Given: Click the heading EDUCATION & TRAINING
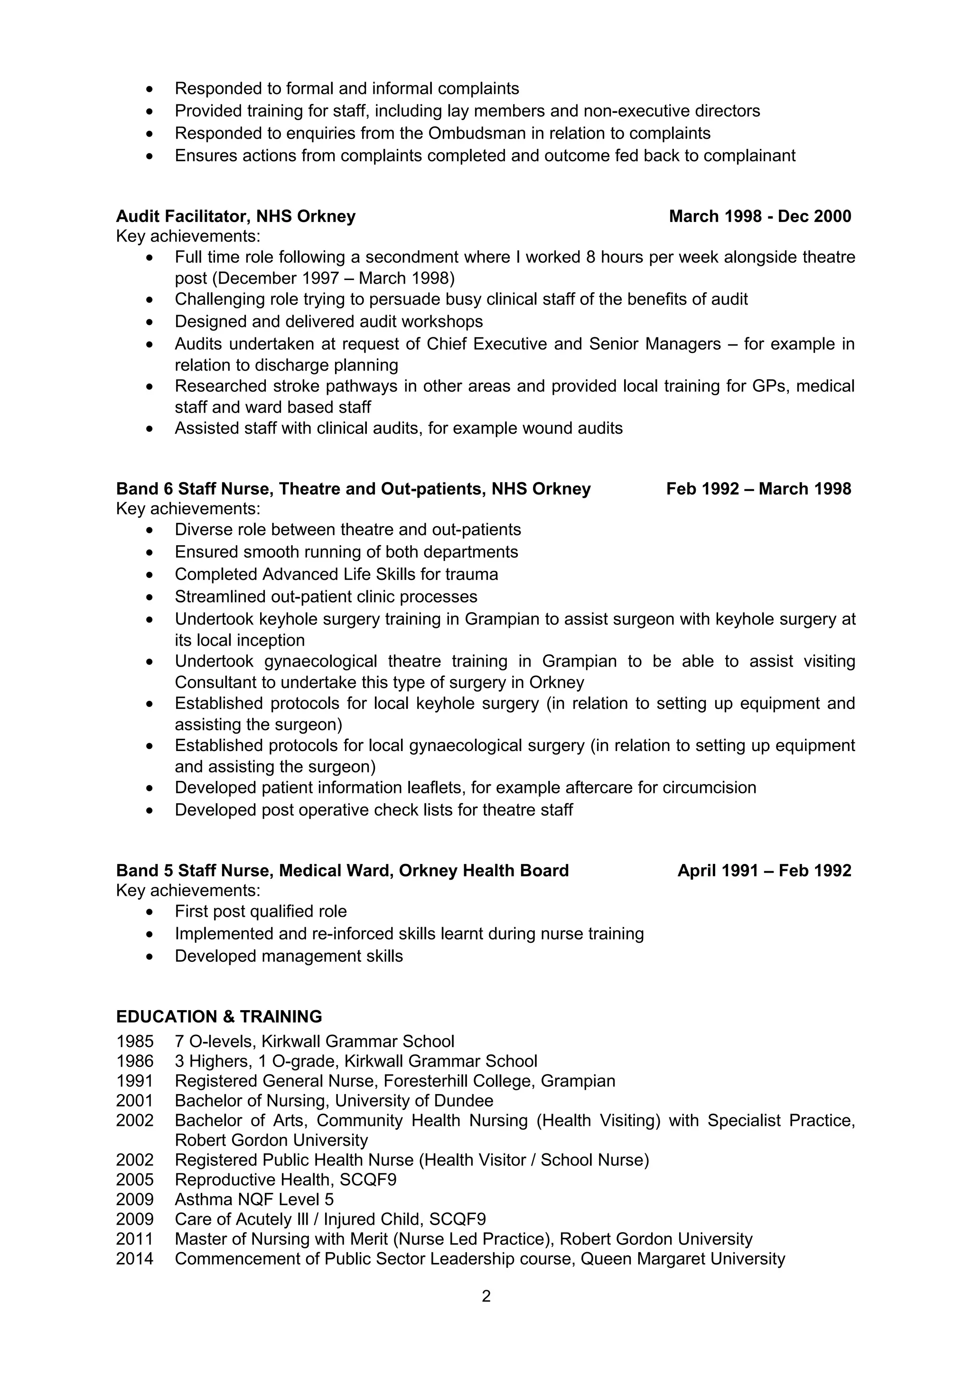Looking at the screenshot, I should coord(219,1017).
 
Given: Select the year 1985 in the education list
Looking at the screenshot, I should coord(135,1041).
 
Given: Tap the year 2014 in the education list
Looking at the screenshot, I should coord(135,1259).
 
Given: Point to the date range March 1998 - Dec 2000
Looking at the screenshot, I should coord(759,216).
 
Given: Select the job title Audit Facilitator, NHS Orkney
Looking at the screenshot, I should coord(235,216).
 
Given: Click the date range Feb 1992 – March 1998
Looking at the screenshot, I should coord(758,489).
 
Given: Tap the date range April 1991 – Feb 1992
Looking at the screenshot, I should coord(764,871).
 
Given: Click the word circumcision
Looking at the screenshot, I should coord(709,788).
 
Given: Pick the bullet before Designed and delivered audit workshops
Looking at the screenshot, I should coord(150,322).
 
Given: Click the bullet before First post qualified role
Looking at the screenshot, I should coord(150,912).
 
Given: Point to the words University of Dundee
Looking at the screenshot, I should coord(414,1101).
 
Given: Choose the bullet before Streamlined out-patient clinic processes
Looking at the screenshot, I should coord(150,597).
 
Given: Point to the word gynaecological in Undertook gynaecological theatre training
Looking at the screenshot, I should coord(320,661).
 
